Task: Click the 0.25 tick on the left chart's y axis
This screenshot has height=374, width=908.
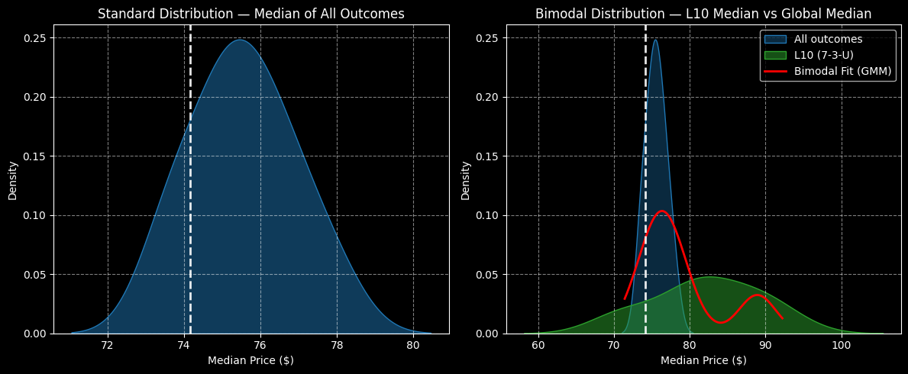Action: pyautogui.click(x=35, y=38)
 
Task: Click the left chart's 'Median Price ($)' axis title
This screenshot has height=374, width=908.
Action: pyautogui.click(x=250, y=360)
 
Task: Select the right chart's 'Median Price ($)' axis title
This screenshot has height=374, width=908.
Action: pyautogui.click(x=703, y=360)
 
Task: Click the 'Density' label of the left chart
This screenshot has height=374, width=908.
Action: pyautogui.click(x=13, y=180)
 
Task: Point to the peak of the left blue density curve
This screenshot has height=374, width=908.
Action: pyautogui.click(x=241, y=40)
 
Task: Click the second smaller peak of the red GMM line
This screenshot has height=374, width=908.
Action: pyautogui.click(x=756, y=295)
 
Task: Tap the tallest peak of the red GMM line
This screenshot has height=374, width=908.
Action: pyautogui.click(x=661, y=211)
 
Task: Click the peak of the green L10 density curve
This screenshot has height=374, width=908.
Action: pyautogui.click(x=709, y=277)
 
